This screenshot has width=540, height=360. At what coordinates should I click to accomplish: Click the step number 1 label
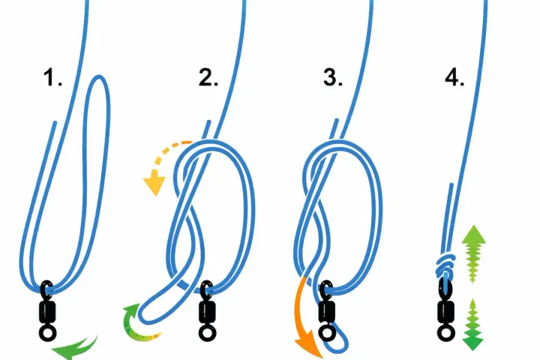(52, 77)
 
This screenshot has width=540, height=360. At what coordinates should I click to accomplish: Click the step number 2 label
(208, 77)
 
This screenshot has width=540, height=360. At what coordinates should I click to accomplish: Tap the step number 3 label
(333, 77)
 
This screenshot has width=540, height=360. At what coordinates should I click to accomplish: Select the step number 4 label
(454, 77)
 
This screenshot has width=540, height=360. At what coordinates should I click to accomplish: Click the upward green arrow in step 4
(473, 253)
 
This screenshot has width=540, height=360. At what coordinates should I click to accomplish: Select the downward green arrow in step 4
(472, 325)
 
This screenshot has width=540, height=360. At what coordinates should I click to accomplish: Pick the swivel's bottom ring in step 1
(47, 333)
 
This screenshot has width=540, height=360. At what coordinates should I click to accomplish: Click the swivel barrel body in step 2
(207, 312)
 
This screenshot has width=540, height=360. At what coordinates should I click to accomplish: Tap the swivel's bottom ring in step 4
(446, 333)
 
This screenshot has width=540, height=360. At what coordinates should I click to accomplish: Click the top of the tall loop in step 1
(99, 76)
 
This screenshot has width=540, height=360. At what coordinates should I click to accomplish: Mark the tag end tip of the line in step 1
(55, 122)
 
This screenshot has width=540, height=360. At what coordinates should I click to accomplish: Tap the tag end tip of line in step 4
(451, 185)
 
